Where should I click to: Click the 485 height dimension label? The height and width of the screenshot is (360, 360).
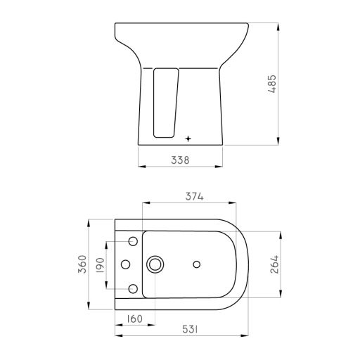pyautogui.click(x=272, y=84)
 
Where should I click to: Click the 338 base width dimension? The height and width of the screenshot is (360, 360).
pyautogui.click(x=180, y=160)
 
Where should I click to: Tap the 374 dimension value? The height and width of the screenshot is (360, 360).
pyautogui.click(x=194, y=196)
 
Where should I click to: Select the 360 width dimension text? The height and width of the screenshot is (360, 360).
pyautogui.click(x=82, y=264)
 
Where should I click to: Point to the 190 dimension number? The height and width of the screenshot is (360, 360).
pyautogui.click(x=101, y=265)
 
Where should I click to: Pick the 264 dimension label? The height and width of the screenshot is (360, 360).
pyautogui.click(x=274, y=264)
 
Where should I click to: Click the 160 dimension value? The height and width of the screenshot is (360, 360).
pyautogui.click(x=135, y=319)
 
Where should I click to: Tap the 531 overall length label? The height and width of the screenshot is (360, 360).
pyautogui.click(x=190, y=329)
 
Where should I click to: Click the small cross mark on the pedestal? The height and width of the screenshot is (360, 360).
pyautogui.click(x=188, y=139)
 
